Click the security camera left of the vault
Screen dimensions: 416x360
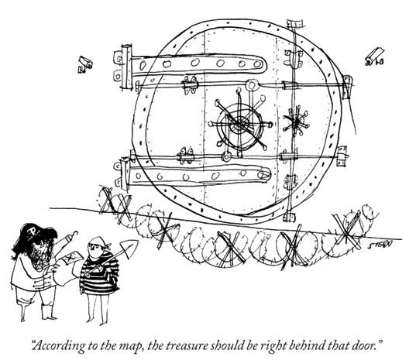pos(85,64)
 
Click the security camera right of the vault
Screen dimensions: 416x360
pos(374,57)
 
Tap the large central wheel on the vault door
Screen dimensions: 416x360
pos(240,124)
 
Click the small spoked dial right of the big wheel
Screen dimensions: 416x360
pos(296,122)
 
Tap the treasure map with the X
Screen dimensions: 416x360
pos(71,257)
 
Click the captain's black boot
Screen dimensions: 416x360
pos(47,312)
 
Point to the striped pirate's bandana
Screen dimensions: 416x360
pos(99,242)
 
